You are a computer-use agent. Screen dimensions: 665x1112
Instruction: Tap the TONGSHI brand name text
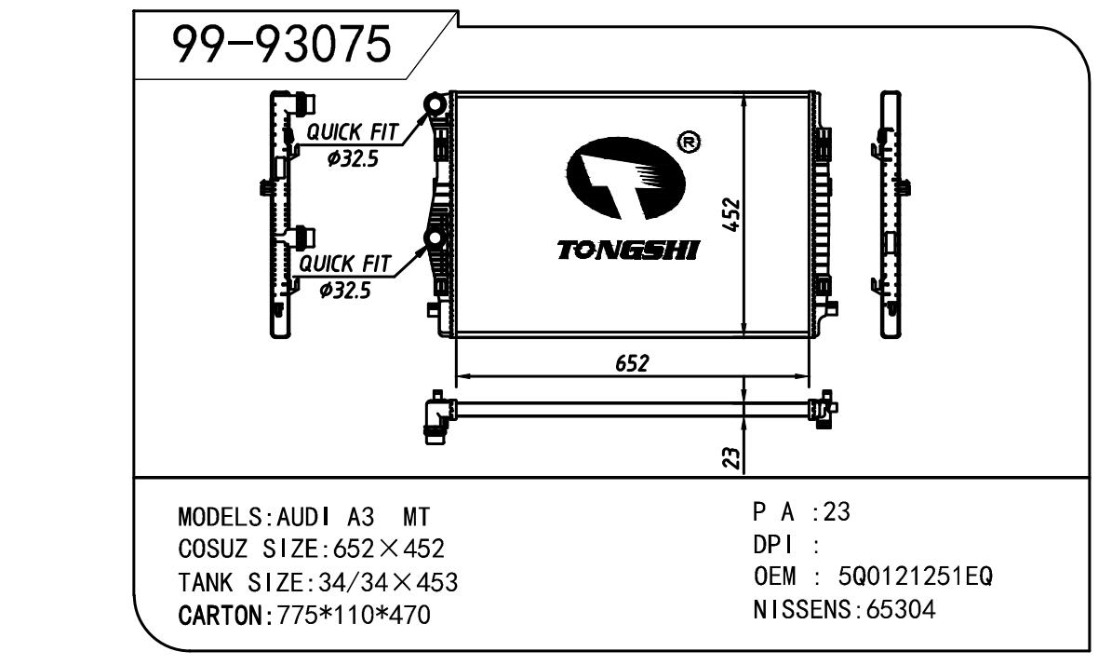629,251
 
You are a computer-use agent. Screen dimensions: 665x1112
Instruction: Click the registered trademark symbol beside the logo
690,142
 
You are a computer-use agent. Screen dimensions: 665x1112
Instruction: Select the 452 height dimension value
732,216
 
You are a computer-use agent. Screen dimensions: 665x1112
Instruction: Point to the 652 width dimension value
631,362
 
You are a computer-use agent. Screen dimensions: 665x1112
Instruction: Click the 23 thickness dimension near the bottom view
732,456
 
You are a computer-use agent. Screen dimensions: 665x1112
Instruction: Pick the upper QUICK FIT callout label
349,133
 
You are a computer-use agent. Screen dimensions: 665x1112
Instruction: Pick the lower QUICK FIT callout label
344,265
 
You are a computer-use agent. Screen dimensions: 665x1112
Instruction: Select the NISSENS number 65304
900,611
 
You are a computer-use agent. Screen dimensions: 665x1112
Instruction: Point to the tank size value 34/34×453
387,583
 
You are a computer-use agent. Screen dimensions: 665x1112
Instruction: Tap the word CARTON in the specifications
220,615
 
